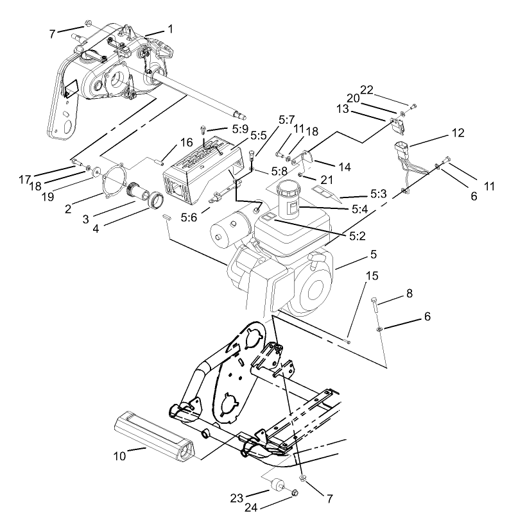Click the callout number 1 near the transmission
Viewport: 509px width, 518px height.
pos(171,29)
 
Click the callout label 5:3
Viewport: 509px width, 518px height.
pos(377,193)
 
